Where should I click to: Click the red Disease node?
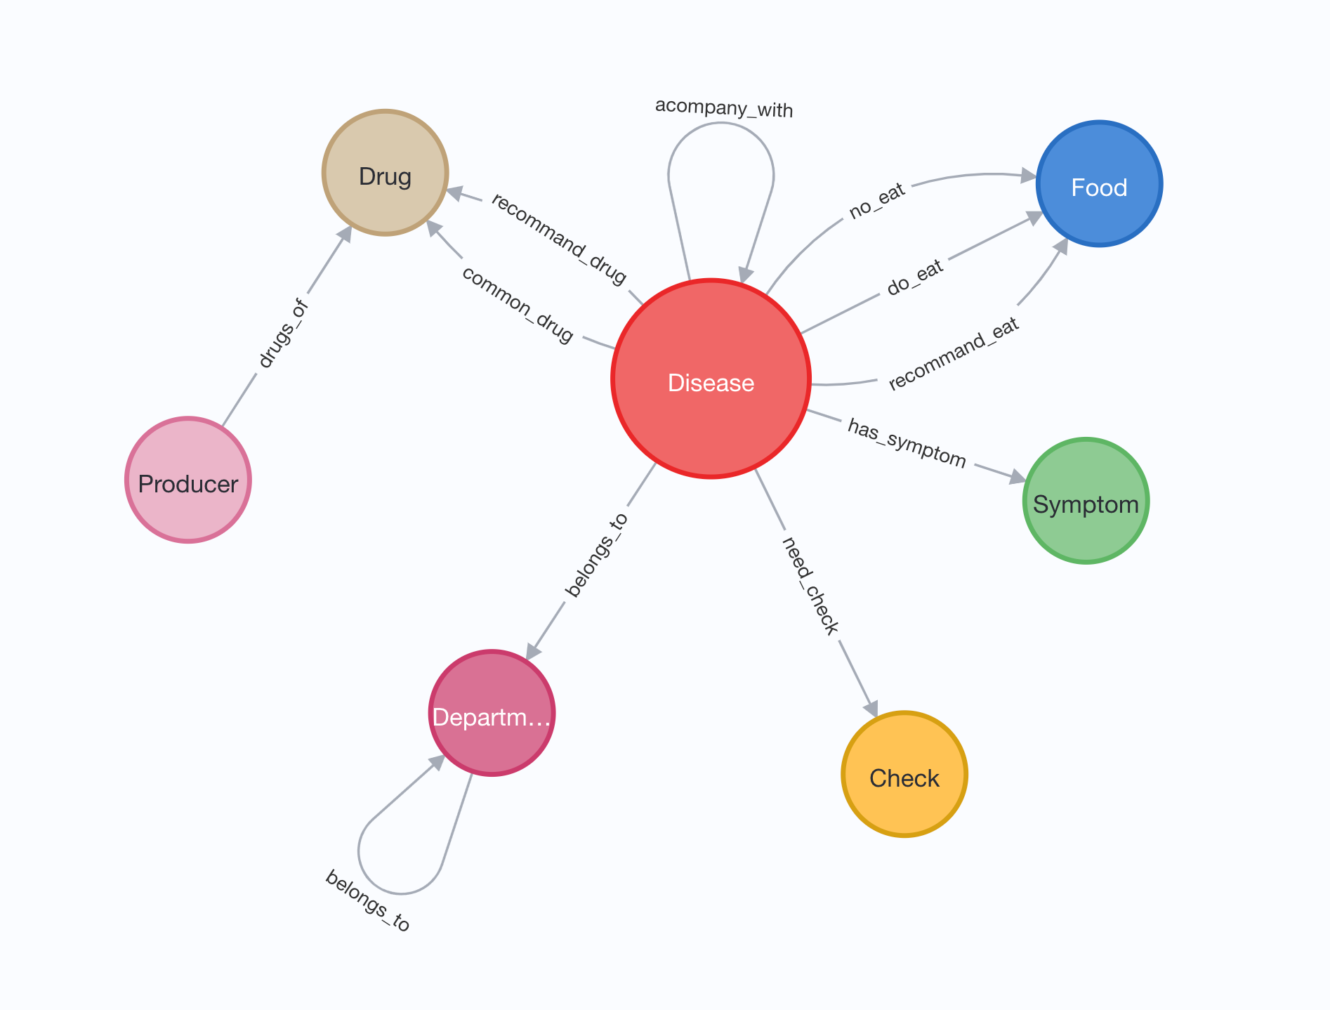pos(711,379)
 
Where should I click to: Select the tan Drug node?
pos(385,173)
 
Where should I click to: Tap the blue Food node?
pos(1099,184)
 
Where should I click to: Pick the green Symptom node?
pos(1086,501)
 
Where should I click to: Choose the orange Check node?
pos(904,775)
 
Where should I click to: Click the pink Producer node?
pos(188,480)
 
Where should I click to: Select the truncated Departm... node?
pos(492,714)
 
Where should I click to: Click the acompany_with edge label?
pos(724,109)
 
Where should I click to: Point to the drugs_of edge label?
pos(283,334)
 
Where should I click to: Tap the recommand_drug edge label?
pos(559,240)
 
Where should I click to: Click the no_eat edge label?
pos(877,202)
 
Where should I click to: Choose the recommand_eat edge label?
pos(954,354)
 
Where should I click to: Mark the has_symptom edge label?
pos(907,443)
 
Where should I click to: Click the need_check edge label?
pos(810,585)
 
